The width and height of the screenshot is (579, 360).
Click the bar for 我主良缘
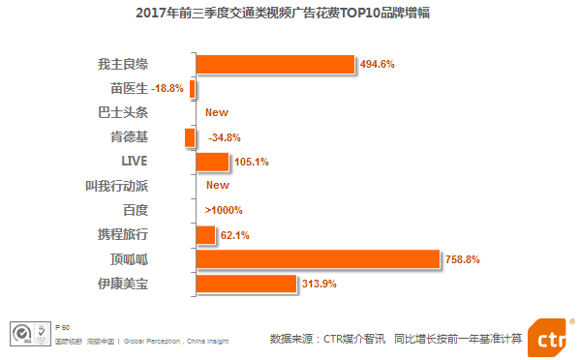pos(275,64)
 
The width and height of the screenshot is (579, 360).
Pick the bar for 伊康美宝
pos(245,284)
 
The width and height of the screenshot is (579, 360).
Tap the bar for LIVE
pos(212,162)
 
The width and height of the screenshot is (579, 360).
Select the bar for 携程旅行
pos(205,235)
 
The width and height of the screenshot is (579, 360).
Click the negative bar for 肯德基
pos(190,137)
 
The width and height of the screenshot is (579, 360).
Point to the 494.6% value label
pos(377,65)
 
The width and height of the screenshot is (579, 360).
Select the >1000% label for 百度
pos(224,210)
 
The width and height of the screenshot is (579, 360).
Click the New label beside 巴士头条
pos(217,112)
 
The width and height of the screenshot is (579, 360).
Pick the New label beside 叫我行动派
pos(217,185)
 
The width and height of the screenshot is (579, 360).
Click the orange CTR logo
pos(549,334)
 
